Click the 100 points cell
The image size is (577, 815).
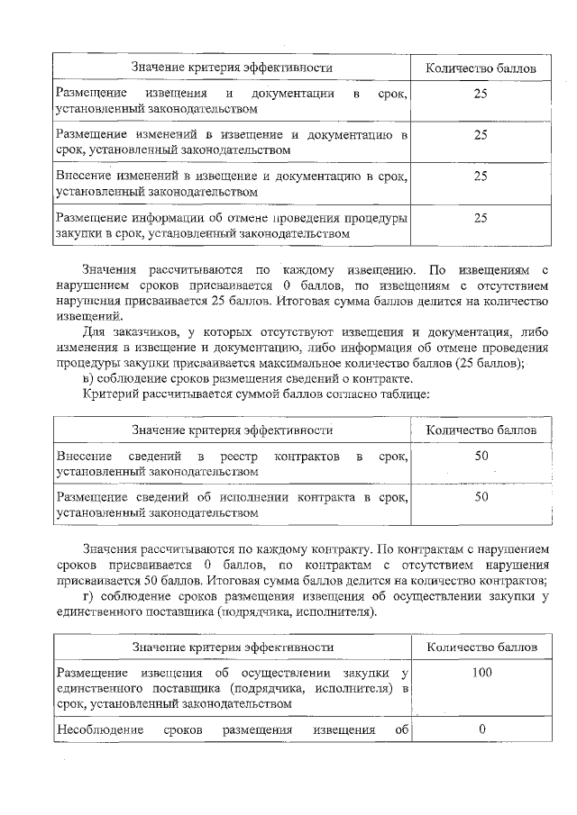(481, 673)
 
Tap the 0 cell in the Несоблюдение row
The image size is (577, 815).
(481, 729)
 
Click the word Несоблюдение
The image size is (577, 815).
(100, 729)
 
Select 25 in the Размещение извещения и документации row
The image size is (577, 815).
(481, 93)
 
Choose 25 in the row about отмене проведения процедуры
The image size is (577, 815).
(481, 217)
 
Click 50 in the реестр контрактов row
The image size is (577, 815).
(481, 457)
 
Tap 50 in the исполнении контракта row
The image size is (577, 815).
(481, 496)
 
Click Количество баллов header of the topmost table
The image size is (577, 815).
(481, 68)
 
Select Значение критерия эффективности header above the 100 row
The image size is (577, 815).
(233, 647)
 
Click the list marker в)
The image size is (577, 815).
(90, 378)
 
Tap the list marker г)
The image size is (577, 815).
(89, 596)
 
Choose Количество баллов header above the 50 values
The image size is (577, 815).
(481, 430)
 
